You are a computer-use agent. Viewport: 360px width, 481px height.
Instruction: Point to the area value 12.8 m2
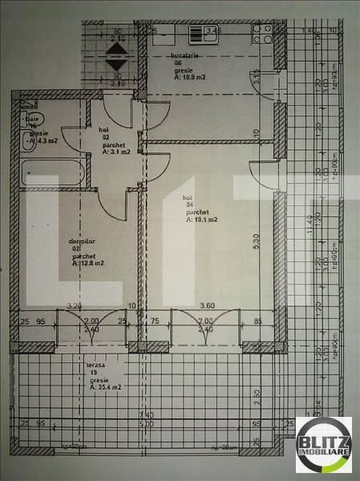point(87,262)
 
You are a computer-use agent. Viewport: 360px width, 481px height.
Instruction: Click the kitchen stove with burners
point(261,34)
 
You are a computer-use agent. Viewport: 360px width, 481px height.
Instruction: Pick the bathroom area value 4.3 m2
point(39,141)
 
